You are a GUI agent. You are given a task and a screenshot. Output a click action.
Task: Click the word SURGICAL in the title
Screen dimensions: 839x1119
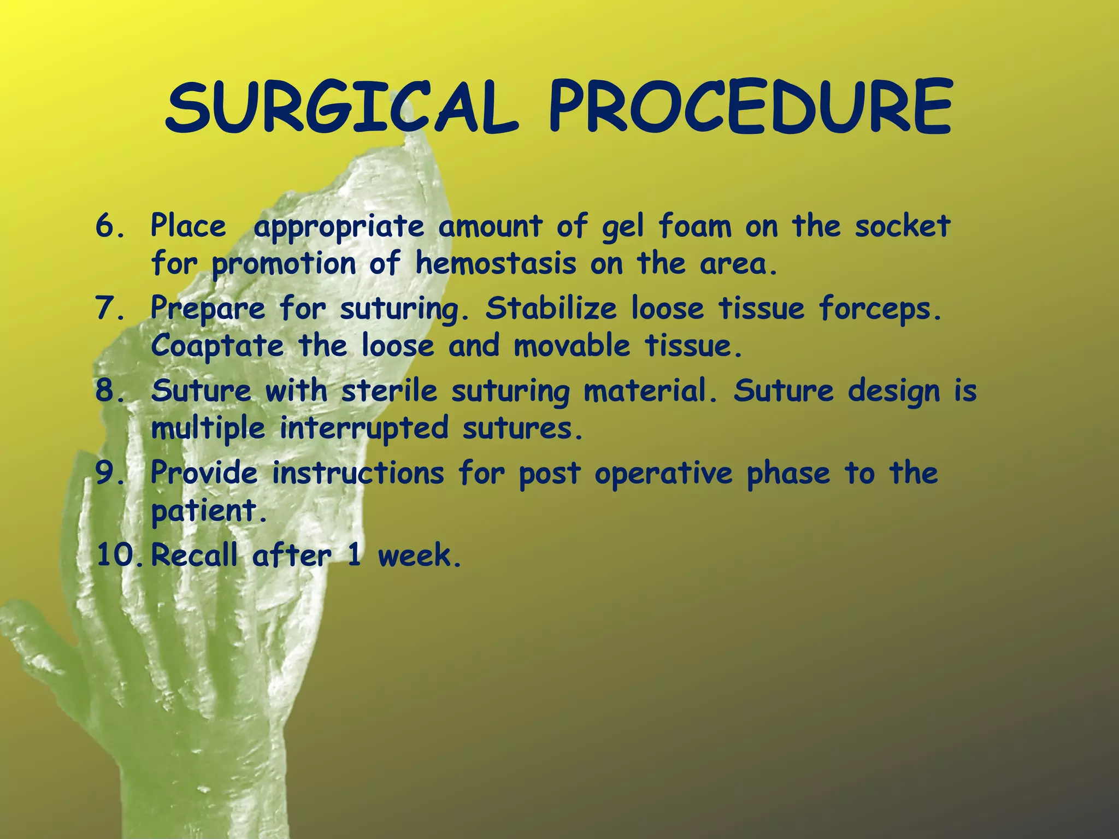(x=341, y=108)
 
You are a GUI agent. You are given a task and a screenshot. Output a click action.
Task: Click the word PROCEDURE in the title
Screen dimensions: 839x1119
(x=751, y=108)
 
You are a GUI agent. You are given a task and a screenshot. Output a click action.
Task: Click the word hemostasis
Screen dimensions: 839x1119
(x=495, y=264)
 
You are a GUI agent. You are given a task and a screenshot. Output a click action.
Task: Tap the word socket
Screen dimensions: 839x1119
(x=902, y=226)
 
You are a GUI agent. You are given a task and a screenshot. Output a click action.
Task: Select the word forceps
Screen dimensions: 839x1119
(x=879, y=310)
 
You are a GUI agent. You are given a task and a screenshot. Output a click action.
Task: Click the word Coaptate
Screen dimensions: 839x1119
(x=217, y=346)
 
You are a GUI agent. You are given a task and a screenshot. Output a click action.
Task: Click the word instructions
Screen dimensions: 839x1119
(x=358, y=473)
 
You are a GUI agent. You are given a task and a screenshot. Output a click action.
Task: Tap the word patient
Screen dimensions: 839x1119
(x=208, y=511)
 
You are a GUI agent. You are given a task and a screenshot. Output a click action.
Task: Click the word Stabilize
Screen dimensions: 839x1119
(x=551, y=309)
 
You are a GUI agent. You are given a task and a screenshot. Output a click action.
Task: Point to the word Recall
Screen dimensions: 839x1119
(x=195, y=556)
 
